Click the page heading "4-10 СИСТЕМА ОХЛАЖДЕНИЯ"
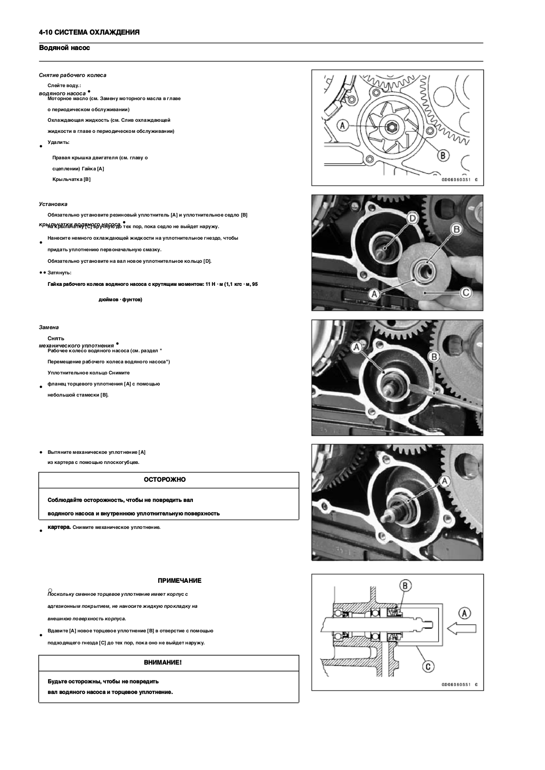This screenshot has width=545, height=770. tap(89, 32)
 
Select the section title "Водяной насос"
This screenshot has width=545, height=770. tap(64, 48)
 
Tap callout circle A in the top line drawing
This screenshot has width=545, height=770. tap(342, 125)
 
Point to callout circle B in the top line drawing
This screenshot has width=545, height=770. tap(443, 155)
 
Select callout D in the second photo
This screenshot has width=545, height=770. tap(412, 218)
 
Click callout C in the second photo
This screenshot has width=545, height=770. tap(465, 292)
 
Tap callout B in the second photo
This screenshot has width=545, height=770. tap(456, 229)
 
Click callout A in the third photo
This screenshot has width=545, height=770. tap(357, 346)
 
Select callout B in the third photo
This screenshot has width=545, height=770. tap(434, 356)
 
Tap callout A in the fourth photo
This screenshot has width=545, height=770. tap(444, 480)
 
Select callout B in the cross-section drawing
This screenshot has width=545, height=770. tap(405, 586)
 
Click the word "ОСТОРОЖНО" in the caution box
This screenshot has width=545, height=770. tap(165, 480)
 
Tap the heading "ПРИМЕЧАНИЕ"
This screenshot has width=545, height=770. tap(179, 580)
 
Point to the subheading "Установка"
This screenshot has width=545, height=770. tap(53, 204)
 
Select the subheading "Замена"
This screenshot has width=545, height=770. tap(49, 327)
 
